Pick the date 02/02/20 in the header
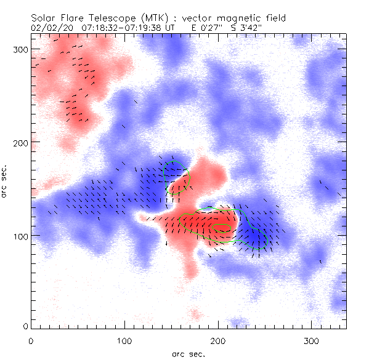pyautogui.click(x=51, y=28)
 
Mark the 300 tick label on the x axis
pyautogui.click(x=312, y=339)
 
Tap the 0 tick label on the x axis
pyautogui.click(x=31, y=339)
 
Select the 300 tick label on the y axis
pyautogui.click(x=21, y=49)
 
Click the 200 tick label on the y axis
pyautogui.click(x=21, y=142)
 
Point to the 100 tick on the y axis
pyautogui.click(x=21, y=236)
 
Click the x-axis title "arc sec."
pyautogui.click(x=188, y=353)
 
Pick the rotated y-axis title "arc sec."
pyautogui.click(x=6, y=182)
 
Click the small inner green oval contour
pyautogui.click(x=221, y=227)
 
